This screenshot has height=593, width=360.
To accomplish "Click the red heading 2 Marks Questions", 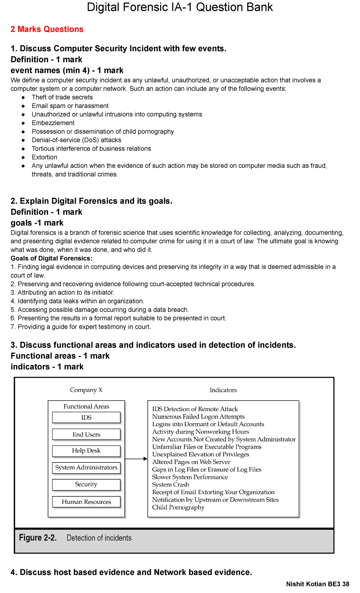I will [47, 29].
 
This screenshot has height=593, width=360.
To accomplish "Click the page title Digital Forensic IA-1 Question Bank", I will [180, 7].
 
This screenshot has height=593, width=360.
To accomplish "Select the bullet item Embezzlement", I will [53, 123].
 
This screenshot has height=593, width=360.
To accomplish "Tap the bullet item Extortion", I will [44, 157].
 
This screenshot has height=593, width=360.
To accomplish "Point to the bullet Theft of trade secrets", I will [62, 97].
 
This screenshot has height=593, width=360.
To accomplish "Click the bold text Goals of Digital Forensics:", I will [52, 258].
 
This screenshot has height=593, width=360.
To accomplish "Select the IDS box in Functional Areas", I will [86, 417].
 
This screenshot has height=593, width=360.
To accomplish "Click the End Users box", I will [86, 435].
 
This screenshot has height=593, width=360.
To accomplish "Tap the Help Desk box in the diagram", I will [86, 451].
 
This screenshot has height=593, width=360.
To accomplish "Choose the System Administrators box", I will [86, 468].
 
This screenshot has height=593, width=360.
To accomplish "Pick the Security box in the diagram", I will [86, 484].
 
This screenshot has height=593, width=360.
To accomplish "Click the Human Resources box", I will [86, 502].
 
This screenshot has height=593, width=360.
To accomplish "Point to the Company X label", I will [86, 390].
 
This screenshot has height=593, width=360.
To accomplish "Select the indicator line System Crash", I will [170, 485].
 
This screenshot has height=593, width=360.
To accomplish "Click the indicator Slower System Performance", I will [190, 477].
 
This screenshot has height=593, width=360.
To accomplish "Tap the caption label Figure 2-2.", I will [38, 538].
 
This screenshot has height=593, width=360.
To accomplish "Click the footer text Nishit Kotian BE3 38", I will [317, 584].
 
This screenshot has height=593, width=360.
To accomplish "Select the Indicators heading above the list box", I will [223, 390].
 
